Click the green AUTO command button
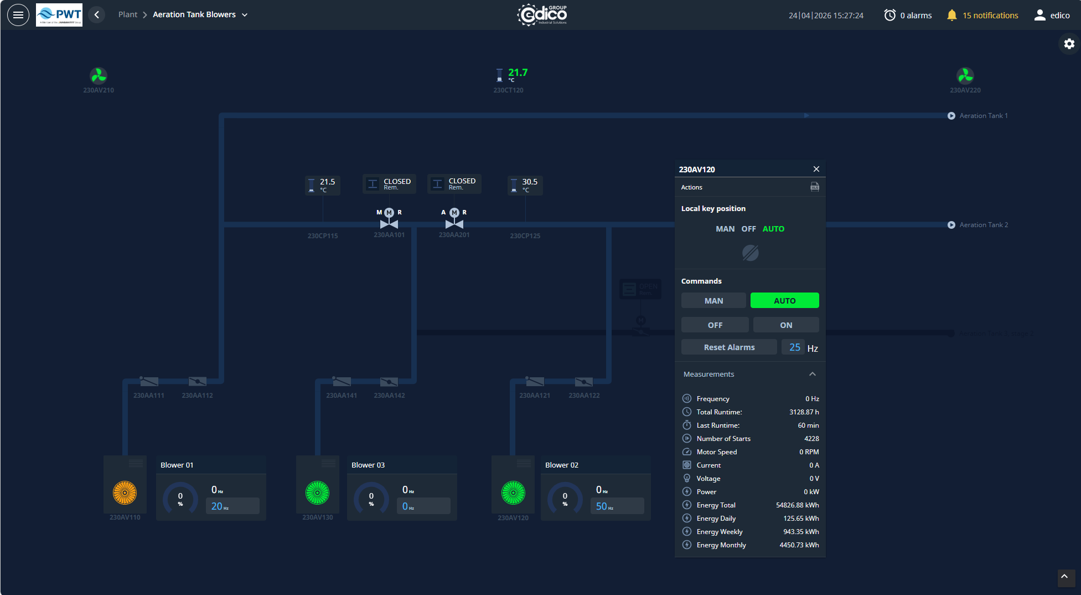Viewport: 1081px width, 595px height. point(784,301)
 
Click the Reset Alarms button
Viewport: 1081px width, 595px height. point(729,347)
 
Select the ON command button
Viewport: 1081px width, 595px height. point(786,325)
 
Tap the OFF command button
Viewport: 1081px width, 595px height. point(715,325)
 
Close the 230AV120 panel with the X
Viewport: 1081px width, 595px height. point(816,169)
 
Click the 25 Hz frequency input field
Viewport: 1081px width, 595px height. point(794,347)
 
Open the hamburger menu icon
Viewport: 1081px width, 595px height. point(18,15)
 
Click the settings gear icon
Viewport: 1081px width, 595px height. point(1069,44)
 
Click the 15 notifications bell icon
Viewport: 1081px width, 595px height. point(951,16)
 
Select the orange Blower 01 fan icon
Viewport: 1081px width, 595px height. point(125,493)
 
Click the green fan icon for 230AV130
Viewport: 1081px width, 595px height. point(318,493)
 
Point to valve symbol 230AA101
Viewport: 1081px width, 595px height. point(389,223)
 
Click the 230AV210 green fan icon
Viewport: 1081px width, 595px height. point(99,75)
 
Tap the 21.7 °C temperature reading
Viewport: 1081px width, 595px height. point(518,73)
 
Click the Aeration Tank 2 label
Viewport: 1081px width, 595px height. point(984,225)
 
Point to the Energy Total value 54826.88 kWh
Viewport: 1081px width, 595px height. point(797,505)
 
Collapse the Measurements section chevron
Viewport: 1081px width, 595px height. point(813,375)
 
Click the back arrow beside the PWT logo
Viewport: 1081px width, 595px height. point(97,15)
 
